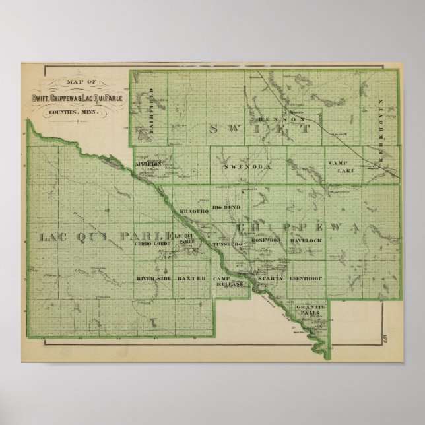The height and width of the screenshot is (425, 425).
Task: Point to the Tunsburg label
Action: [x=228, y=244]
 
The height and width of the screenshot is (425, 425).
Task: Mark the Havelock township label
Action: [x=306, y=240]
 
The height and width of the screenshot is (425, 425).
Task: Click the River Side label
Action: [x=154, y=279]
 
